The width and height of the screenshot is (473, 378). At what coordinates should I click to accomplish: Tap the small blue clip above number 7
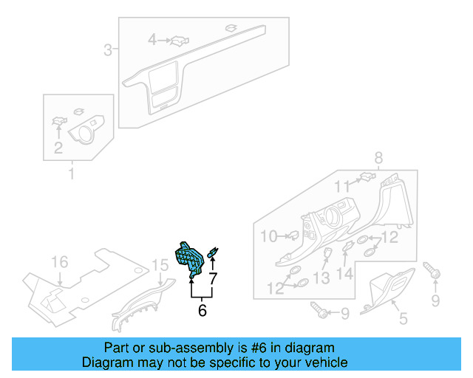pos(212,253)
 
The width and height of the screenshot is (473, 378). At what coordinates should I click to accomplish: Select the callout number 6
pos(202,311)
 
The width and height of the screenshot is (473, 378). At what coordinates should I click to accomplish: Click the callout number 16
pos(58,262)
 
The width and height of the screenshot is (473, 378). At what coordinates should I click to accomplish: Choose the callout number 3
pos(108,50)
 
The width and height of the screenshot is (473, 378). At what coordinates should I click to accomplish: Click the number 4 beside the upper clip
pos(152,39)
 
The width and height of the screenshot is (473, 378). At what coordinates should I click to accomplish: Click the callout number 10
pos(268,236)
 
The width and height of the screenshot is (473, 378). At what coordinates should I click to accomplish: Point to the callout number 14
pos(345,274)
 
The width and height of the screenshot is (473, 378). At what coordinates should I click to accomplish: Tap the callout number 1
pos(72,174)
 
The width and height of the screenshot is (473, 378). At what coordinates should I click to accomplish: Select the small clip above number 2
pos(58,121)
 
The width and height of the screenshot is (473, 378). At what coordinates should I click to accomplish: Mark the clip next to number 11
pos(364,177)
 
